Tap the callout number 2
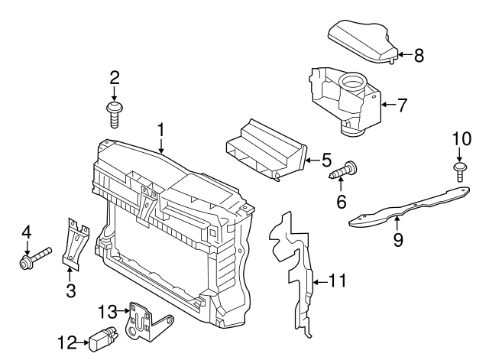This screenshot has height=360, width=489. tap(115, 77)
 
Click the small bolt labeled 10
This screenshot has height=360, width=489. tap(460, 170)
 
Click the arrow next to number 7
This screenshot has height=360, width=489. tap(387, 104)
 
